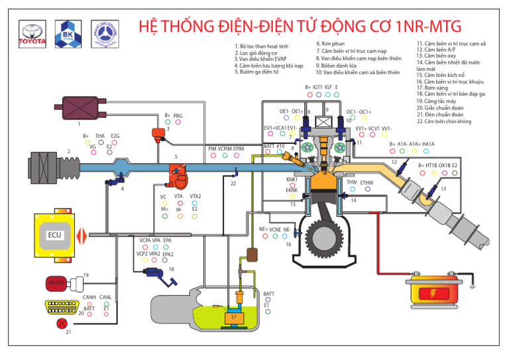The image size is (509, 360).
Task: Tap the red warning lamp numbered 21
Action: point(62,323)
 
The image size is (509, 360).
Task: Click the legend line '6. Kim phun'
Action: point(331,44)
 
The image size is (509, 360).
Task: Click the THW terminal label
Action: point(351,182)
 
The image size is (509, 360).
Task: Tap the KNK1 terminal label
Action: point(292,179)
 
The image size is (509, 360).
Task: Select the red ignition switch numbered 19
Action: point(58,282)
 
